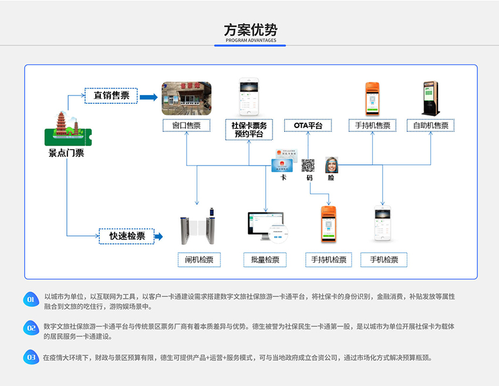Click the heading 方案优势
pyautogui.click(x=250, y=30)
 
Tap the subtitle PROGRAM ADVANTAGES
pyautogui.click(x=250, y=41)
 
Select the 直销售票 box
pyautogui.click(x=111, y=95)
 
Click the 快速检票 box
pyautogui.click(x=126, y=236)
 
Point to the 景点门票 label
pyautogui.click(x=66, y=153)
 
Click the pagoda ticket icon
pyautogui.click(x=67, y=130)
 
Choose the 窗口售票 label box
pyautogui.click(x=186, y=125)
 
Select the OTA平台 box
pyautogui.click(x=308, y=125)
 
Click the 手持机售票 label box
pyautogui.click(x=373, y=125)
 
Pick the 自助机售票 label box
pyautogui.click(x=430, y=125)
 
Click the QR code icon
pyautogui.click(x=309, y=165)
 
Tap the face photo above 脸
pyautogui.click(x=332, y=164)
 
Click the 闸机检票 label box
pyautogui.click(x=198, y=260)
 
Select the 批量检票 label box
pyautogui.click(x=265, y=260)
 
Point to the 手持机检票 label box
pyautogui.click(x=329, y=260)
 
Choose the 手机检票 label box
pyautogui.click(x=384, y=260)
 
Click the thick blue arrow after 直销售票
pyautogui.click(x=149, y=96)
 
